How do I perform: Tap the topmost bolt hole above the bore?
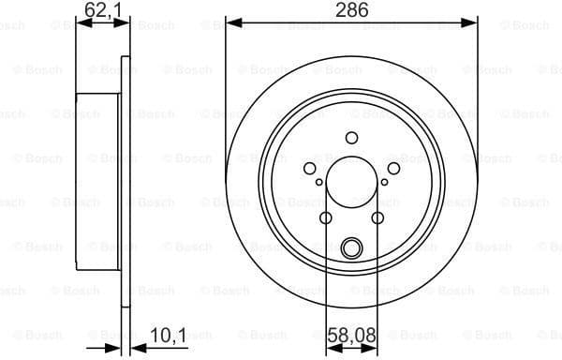[x=352, y=138]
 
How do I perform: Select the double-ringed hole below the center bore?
[x=352, y=248]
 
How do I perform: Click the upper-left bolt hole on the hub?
[x=310, y=168]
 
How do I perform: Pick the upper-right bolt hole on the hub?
[x=394, y=168]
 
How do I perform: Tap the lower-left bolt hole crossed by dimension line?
[x=326, y=218]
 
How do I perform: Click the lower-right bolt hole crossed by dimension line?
[x=378, y=218]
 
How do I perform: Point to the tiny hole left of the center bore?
[x=319, y=183]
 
